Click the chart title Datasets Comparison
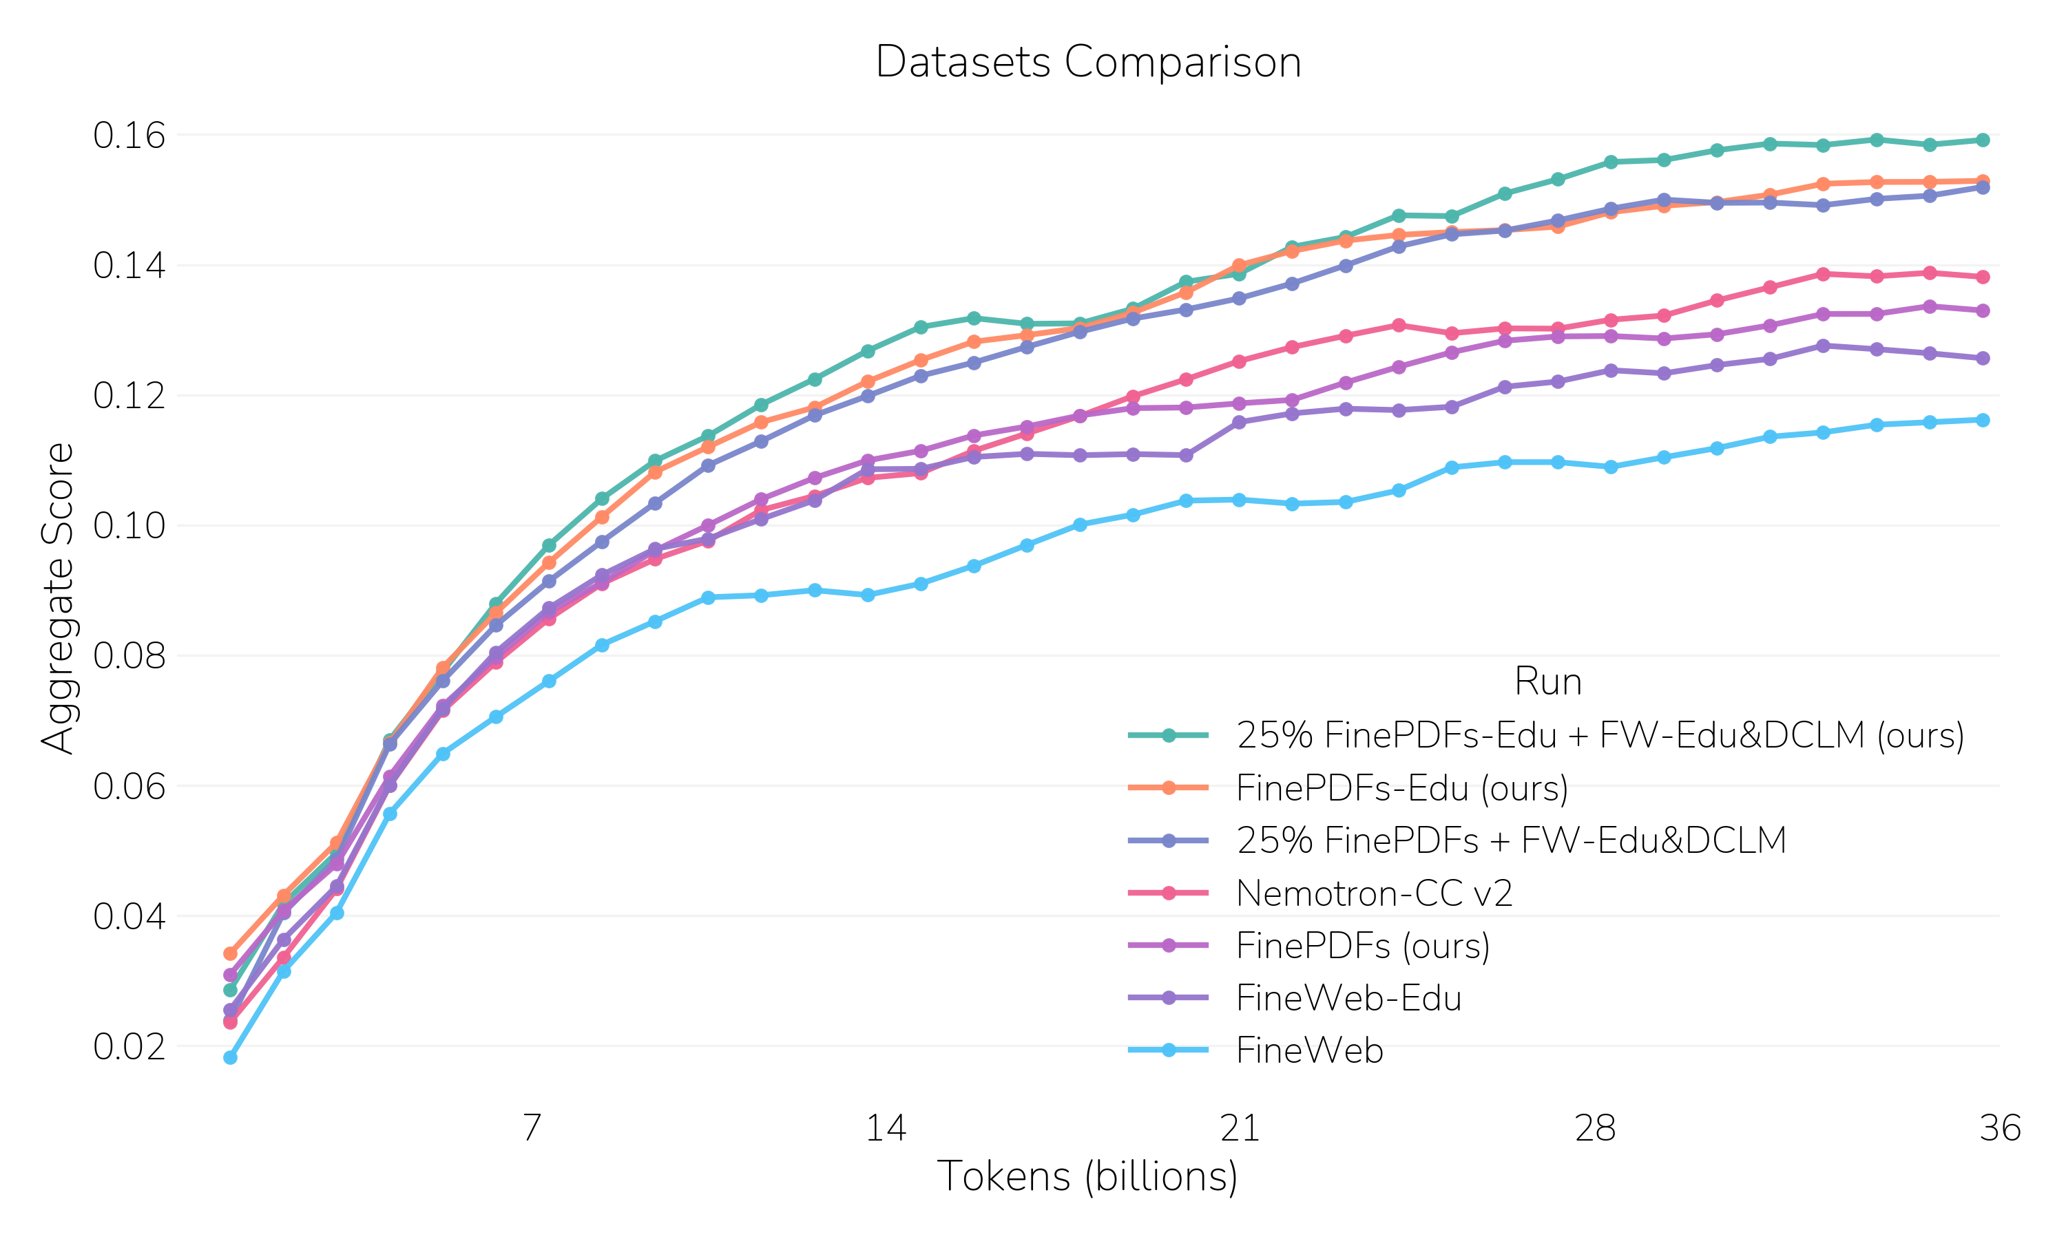pyautogui.click(x=1087, y=63)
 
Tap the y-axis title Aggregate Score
pyautogui.click(x=59, y=597)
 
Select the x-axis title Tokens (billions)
pyautogui.click(x=1087, y=1176)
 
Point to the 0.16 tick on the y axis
pyautogui.click(x=129, y=135)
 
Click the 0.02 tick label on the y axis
pyautogui.click(x=129, y=1046)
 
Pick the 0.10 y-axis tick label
pyautogui.click(x=129, y=526)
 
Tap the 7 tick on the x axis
pyautogui.click(x=532, y=1129)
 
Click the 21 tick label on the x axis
pyautogui.click(x=1240, y=1129)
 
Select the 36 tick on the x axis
pyautogui.click(x=1999, y=1129)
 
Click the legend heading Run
pyautogui.click(x=1547, y=682)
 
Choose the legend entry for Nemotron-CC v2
pyautogui.click(x=1374, y=893)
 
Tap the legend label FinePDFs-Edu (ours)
pyautogui.click(x=1401, y=788)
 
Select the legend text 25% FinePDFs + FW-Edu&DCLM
pyautogui.click(x=1511, y=840)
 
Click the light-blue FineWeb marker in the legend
pyautogui.click(x=1168, y=1050)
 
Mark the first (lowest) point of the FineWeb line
pyautogui.click(x=231, y=1058)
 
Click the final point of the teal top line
pyautogui.click(x=1983, y=140)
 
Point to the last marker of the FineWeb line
pyautogui.click(x=1983, y=420)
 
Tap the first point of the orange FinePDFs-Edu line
pyautogui.click(x=231, y=953)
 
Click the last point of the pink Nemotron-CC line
pyautogui.click(x=1983, y=277)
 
